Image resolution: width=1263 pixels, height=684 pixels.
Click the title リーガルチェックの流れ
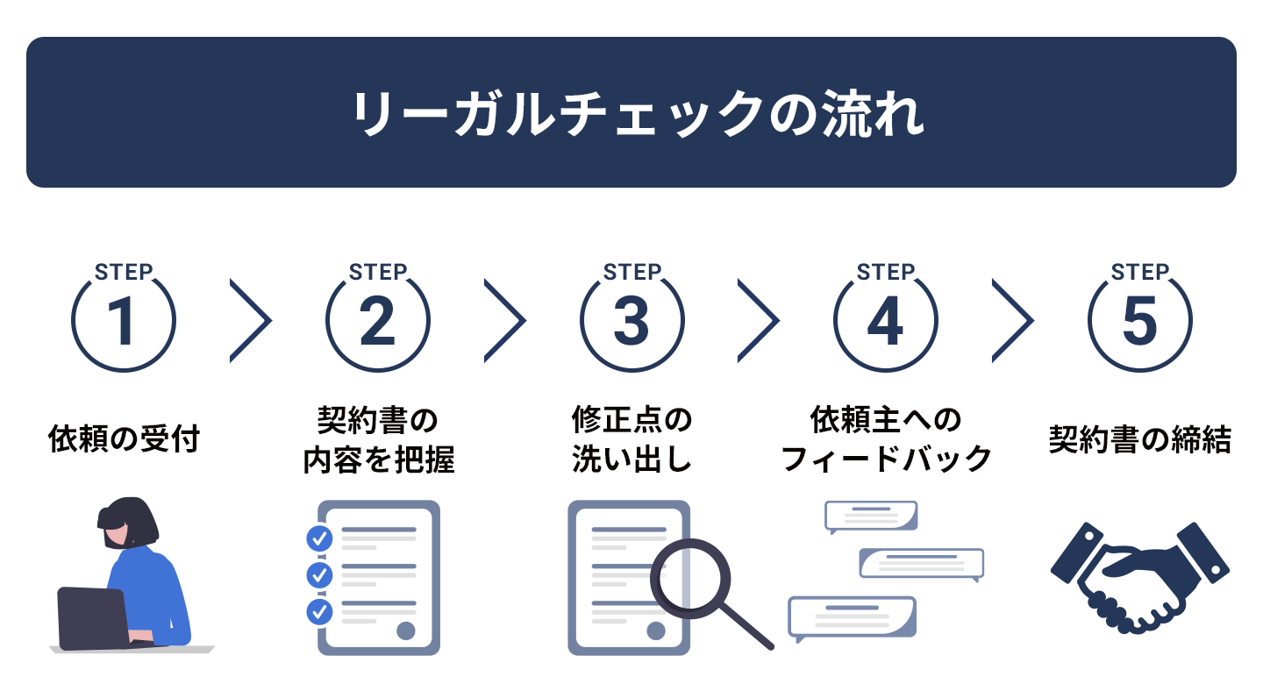[637, 113]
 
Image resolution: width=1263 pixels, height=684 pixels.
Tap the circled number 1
[124, 321]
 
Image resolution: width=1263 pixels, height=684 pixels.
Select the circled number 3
[632, 321]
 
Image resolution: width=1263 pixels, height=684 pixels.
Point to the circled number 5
[1140, 321]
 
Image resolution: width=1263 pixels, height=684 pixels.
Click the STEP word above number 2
[378, 272]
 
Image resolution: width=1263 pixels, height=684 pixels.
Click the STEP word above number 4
[886, 272]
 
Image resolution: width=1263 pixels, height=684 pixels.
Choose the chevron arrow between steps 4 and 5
[1013, 321]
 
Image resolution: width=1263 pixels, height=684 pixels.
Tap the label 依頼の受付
[124, 439]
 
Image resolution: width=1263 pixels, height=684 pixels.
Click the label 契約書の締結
[1140, 439]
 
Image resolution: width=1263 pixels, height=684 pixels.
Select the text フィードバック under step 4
[886, 459]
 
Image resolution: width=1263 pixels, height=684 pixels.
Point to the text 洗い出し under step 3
[632, 459]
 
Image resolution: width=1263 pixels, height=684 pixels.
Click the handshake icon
[1140, 578]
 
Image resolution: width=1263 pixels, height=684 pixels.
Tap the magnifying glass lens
[690, 579]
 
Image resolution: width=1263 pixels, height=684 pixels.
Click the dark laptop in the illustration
[93, 618]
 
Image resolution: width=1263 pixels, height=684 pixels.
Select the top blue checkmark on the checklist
[319, 538]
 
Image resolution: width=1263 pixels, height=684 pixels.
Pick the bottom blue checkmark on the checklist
[319, 612]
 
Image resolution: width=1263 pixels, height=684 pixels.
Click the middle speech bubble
[921, 563]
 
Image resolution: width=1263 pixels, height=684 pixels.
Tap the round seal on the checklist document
[406, 631]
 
